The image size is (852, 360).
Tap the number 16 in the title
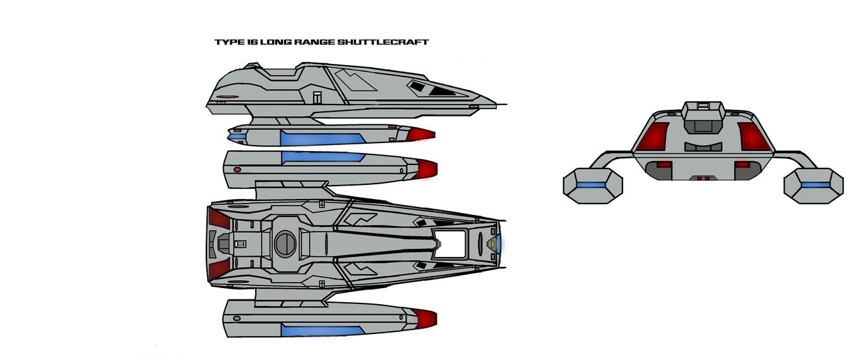(250, 42)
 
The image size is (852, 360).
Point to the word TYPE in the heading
(228, 42)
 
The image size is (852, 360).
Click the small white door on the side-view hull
(318, 97)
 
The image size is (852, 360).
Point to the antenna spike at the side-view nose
(502, 105)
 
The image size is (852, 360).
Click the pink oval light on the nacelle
(237, 170)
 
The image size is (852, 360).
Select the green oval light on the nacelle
(237, 319)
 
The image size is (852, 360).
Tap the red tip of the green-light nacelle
(426, 318)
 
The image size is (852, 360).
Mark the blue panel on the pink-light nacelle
(323, 157)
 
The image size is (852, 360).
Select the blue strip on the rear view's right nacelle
(817, 184)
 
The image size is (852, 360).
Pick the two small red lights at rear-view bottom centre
(702, 178)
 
